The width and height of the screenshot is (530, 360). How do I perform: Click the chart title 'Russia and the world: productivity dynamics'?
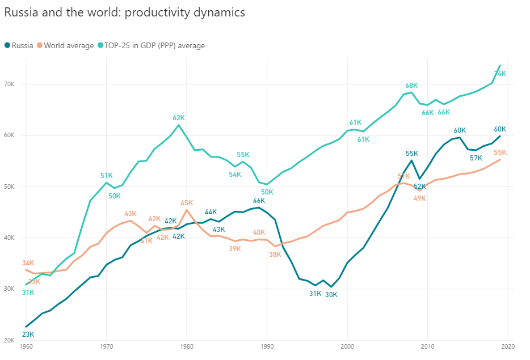[x=125, y=12]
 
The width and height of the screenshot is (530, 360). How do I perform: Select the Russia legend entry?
[x=19, y=45]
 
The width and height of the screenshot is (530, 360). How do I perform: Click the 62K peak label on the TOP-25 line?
[x=179, y=118]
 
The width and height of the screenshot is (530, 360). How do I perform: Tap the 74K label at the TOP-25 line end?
[x=500, y=74]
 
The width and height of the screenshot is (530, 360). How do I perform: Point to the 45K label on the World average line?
[x=187, y=203]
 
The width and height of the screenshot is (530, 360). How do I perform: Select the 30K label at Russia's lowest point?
[x=331, y=294]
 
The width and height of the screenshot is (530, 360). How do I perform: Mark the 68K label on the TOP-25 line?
[x=411, y=86]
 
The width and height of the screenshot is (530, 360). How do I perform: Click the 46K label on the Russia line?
[x=259, y=201]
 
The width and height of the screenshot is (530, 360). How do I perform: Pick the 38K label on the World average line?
[x=275, y=255]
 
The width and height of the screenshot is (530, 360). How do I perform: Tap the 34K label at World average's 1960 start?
[x=28, y=263]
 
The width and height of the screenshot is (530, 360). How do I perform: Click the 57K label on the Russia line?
[x=476, y=158]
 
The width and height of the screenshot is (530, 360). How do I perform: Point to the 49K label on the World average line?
[x=419, y=198]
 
